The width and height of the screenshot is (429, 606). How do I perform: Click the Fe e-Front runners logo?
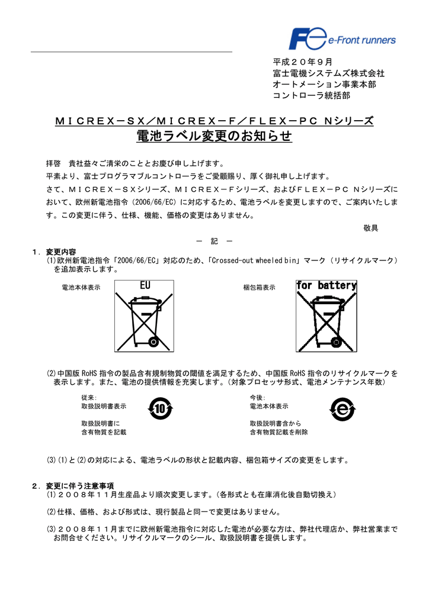(x=342, y=40)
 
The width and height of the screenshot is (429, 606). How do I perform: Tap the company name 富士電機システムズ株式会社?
(x=328, y=73)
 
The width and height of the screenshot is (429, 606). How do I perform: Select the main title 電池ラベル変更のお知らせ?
(x=214, y=137)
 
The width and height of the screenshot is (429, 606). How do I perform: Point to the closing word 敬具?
(x=370, y=228)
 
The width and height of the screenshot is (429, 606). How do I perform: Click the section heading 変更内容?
(x=61, y=252)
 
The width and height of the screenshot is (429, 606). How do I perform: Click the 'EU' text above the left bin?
(x=145, y=286)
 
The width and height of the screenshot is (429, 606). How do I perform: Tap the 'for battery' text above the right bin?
(x=326, y=286)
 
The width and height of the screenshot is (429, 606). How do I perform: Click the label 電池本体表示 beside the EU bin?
(x=81, y=288)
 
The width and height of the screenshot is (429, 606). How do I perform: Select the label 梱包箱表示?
(x=259, y=288)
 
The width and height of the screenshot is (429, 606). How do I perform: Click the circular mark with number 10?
(x=160, y=409)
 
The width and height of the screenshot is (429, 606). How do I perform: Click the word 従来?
(x=89, y=398)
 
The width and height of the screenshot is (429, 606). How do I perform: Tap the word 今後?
(x=258, y=398)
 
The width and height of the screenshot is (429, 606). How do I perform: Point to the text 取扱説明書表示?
(x=104, y=407)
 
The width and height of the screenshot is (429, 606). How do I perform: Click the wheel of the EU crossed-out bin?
(x=153, y=341)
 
